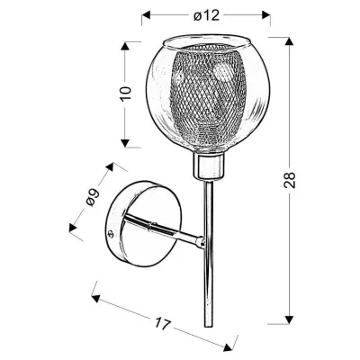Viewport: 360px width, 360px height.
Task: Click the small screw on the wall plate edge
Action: click(x=112, y=237)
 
